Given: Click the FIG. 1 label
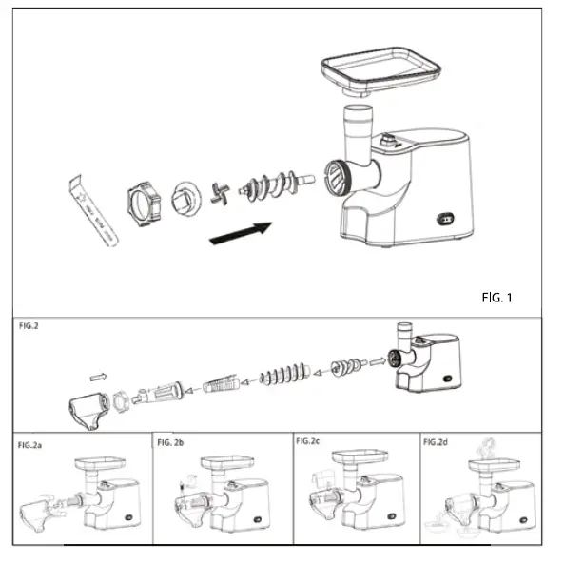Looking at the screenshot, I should click(497, 299).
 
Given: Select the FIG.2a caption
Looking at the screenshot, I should click(35, 444).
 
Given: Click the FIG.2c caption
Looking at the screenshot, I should click(311, 442).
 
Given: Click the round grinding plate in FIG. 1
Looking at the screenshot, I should click(185, 200).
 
